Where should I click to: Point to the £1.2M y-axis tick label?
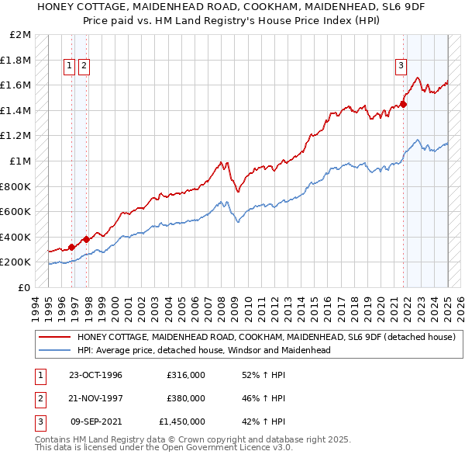17,136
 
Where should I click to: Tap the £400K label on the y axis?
16,237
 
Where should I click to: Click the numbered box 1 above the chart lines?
70,67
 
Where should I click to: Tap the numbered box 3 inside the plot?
401,67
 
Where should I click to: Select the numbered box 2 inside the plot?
83,67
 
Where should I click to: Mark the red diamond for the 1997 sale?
86,239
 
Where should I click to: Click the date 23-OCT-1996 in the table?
96,375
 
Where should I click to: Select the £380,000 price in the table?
185,398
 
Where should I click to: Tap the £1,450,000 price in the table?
181,422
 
